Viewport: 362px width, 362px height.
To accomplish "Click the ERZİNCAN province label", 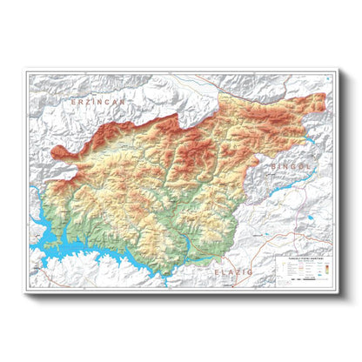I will pyautogui.click(x=98, y=103).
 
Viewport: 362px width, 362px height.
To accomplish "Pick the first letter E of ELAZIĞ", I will pyautogui.click(x=217, y=271).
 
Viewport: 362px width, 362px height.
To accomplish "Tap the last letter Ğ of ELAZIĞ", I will pyautogui.click(x=251, y=271).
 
